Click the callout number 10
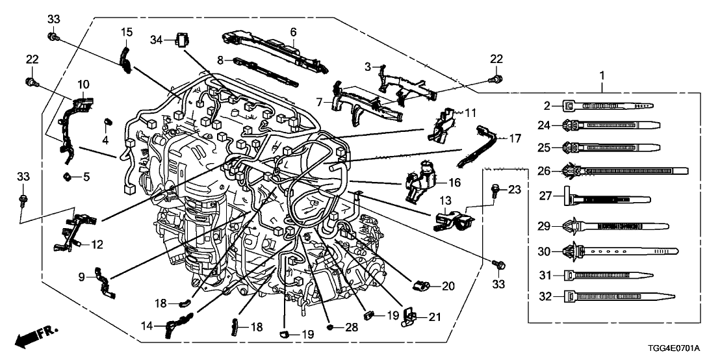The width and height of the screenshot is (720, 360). [83, 84]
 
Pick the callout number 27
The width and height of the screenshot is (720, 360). [545, 195]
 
